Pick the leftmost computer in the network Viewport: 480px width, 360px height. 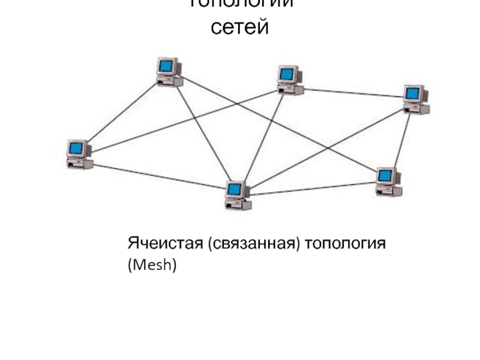pos(79,154)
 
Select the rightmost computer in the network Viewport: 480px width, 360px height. pos(416,100)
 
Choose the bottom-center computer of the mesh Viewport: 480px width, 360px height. pos(238,195)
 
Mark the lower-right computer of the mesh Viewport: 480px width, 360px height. pos(388,182)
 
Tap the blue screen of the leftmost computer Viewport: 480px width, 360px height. pos(76,147)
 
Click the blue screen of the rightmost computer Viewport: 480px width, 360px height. pos(412,92)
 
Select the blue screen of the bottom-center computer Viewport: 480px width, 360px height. pos(235,190)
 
